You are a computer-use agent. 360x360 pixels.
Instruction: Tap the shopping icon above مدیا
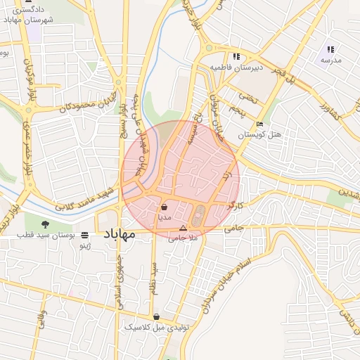click(x=164, y=207)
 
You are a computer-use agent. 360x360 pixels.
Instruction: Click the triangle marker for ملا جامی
click(x=184, y=228)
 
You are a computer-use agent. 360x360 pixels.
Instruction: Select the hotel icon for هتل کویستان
click(x=260, y=124)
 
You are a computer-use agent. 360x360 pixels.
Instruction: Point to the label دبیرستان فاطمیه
click(x=236, y=67)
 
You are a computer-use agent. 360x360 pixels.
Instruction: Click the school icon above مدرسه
click(x=330, y=50)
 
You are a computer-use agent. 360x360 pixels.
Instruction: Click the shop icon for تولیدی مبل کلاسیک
click(x=155, y=317)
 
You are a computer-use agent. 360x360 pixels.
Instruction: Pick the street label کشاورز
click(x=328, y=113)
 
